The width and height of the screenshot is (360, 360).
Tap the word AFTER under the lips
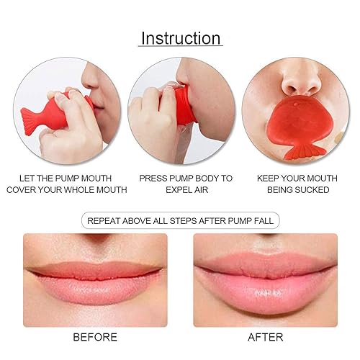click(x=266, y=337)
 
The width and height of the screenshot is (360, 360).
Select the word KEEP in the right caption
click(x=271, y=176)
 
